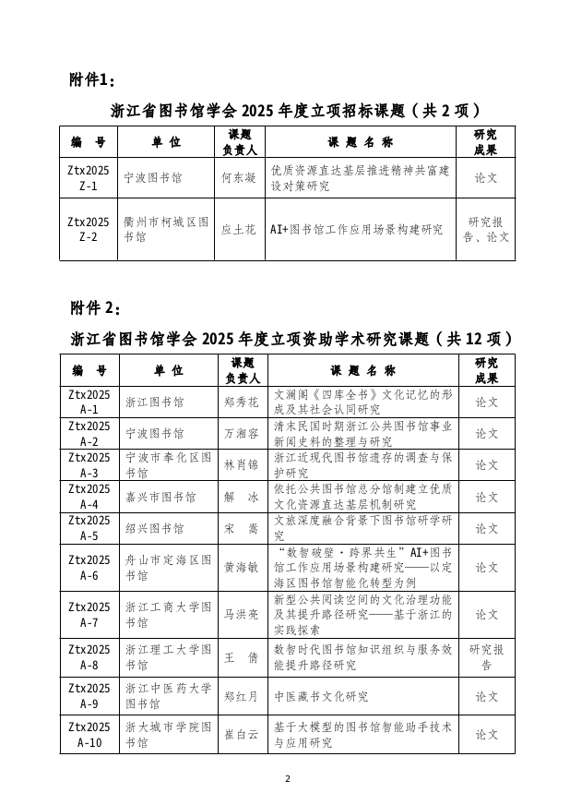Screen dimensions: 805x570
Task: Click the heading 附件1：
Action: tap(93, 78)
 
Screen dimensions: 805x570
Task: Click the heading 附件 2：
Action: tap(95, 306)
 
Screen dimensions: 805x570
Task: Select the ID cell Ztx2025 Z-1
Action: tap(89, 178)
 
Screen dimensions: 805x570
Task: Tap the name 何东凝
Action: tap(239, 178)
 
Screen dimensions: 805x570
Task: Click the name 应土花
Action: tap(239, 229)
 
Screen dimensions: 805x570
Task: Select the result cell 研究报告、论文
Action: tap(485, 229)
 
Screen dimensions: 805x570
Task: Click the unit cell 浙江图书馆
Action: tap(154, 402)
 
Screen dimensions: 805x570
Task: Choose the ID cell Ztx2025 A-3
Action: tap(89, 464)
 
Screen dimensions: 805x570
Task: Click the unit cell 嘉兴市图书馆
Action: tap(160, 497)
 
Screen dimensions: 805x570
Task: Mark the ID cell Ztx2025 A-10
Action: tap(89, 735)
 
